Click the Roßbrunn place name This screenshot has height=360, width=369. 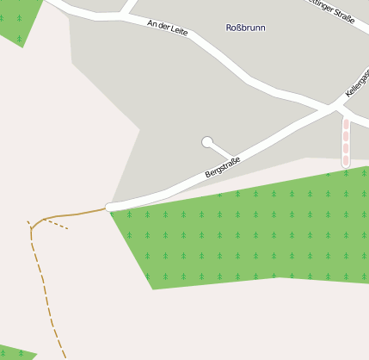pyautogui.click(x=245, y=28)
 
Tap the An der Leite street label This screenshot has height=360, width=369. pyautogui.click(x=167, y=28)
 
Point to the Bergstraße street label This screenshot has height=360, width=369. pyautogui.click(x=223, y=167)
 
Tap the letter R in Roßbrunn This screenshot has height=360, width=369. pyautogui.click(x=229, y=28)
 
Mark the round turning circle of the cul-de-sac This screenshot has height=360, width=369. pyautogui.click(x=206, y=141)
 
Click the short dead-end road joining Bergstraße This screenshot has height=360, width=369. pyautogui.click(x=220, y=151)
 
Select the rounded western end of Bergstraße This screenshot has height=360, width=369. pyautogui.click(x=110, y=207)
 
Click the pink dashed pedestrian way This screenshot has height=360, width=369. pyautogui.click(x=346, y=142)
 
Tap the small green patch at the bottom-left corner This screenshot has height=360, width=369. pyautogui.click(x=15, y=354)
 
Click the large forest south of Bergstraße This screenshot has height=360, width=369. pyautogui.click(x=249, y=233)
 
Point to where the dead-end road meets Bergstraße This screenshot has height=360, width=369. pyautogui.click(x=235, y=160)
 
